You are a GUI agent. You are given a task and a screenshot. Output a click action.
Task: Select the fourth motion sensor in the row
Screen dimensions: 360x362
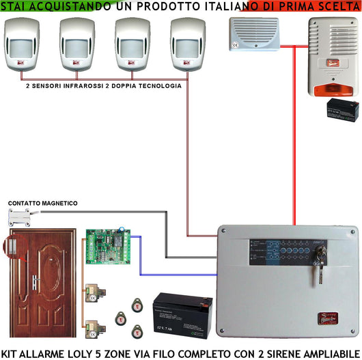pos(188,44)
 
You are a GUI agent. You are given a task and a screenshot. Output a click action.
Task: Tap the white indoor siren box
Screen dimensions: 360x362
pos(253,34)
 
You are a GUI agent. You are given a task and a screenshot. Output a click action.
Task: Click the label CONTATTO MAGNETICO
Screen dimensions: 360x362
pos(42,204)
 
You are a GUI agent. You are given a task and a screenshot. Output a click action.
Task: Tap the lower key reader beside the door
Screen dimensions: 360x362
pos(95,327)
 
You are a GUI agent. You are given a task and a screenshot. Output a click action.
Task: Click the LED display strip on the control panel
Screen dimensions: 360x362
pos(280,255)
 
